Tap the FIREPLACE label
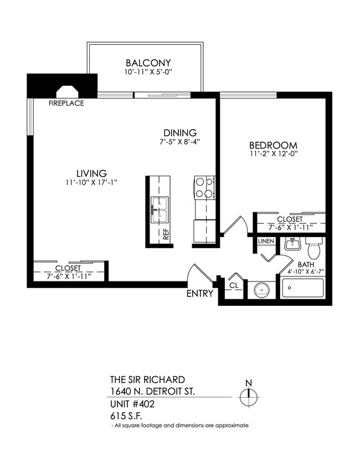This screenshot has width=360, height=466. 66,103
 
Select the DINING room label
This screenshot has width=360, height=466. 180,132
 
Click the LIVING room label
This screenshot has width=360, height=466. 91,172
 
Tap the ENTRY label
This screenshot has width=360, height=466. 200,294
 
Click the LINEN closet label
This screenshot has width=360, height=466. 265,242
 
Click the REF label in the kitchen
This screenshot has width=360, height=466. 166,232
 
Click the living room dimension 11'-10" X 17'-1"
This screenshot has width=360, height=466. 91,182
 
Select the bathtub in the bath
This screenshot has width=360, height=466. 303,289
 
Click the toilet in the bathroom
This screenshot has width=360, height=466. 314,248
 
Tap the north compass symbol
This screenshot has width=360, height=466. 249,396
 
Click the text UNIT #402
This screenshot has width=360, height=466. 132,404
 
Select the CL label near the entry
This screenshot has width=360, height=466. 234,285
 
